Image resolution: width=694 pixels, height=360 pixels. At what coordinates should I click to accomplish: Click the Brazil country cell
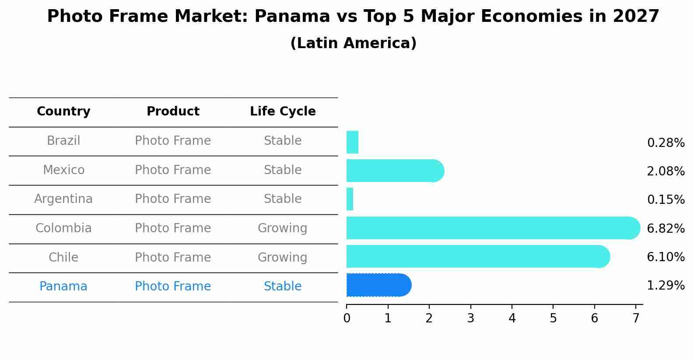click(63, 141)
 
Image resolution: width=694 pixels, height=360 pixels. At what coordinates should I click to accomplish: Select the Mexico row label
click(63, 170)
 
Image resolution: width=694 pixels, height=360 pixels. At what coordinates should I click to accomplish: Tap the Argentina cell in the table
click(63, 199)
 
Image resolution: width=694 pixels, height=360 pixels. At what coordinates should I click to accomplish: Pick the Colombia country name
click(63, 228)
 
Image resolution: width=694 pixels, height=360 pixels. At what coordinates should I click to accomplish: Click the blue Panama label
click(63, 287)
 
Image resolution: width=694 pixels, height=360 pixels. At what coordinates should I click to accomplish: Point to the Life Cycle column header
click(283, 112)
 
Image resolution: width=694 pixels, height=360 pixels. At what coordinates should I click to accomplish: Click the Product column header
click(173, 112)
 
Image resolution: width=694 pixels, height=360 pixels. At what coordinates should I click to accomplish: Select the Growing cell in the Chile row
click(282, 258)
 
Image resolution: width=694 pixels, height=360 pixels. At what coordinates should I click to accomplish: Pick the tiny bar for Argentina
click(350, 199)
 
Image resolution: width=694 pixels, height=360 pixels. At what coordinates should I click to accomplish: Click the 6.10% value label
click(666, 257)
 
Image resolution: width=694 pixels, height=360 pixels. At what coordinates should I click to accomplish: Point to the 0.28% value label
click(666, 143)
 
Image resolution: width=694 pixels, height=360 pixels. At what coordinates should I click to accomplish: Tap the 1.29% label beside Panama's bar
click(666, 286)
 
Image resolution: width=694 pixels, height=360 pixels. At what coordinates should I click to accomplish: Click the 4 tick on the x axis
click(512, 318)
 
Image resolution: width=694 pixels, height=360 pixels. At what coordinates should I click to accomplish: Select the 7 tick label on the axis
click(636, 318)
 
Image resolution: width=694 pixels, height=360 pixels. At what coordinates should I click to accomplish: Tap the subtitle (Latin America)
click(353, 43)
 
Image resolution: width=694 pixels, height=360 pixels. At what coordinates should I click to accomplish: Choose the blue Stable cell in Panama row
click(282, 287)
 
